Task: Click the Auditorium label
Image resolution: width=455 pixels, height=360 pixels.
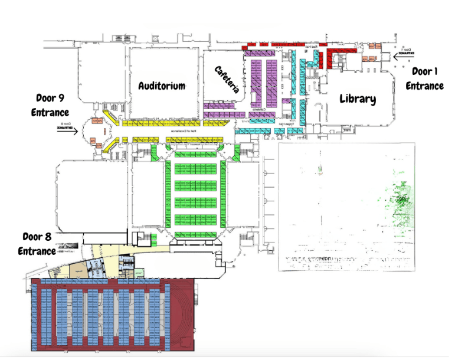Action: tap(162, 86)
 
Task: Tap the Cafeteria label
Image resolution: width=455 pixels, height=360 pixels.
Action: tap(227, 79)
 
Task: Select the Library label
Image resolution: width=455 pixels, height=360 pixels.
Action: tap(358, 99)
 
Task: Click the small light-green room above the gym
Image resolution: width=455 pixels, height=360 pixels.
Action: tap(139, 273)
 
